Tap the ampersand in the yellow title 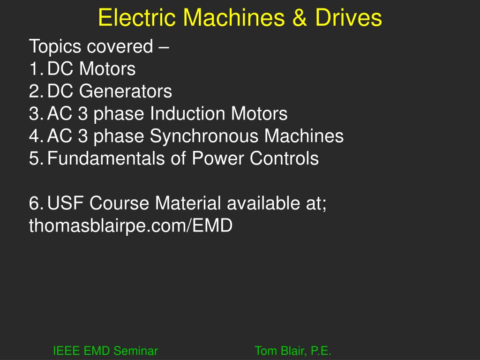point(301,18)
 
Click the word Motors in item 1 point(107,69)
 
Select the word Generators point(125,91)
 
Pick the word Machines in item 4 point(303,136)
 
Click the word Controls point(284,158)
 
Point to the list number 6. point(35,203)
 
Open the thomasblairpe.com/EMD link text point(131,226)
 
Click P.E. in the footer point(321,351)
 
